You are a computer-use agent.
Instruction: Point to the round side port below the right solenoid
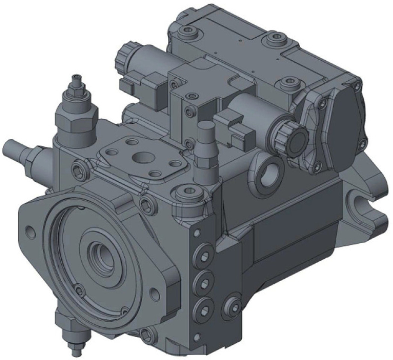coord(270,172)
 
